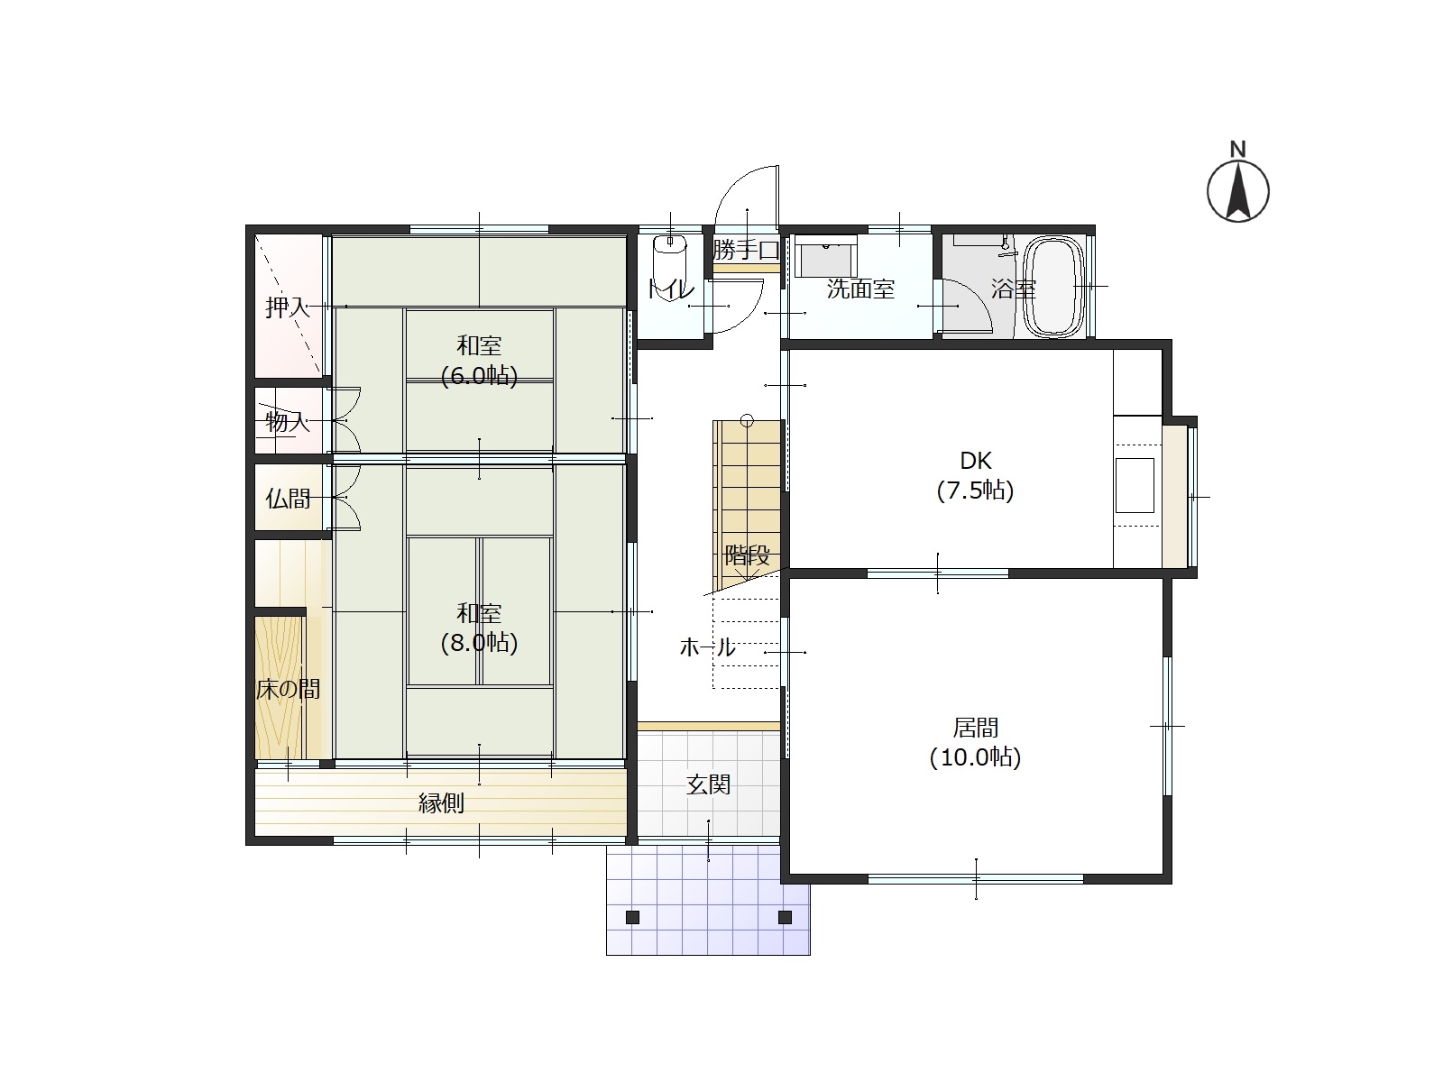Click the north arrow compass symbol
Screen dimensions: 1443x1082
(x=1238, y=190)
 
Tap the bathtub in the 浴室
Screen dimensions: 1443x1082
(x=1054, y=287)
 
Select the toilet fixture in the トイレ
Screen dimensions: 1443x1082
(x=670, y=261)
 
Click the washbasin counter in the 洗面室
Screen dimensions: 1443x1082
(x=826, y=256)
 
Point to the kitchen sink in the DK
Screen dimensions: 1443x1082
(x=1135, y=485)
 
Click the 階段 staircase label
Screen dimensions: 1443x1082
(x=747, y=555)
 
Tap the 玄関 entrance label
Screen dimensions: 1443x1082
(x=708, y=784)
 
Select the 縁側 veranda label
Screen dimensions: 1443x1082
(x=441, y=802)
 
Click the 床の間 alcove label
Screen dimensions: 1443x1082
(x=288, y=689)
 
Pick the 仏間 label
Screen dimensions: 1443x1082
(x=288, y=499)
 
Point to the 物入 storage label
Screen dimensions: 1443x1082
(x=288, y=422)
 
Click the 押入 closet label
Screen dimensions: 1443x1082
(x=288, y=307)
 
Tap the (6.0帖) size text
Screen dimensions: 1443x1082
(x=479, y=376)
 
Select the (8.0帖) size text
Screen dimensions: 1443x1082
(x=479, y=643)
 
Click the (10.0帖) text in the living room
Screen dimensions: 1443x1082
(x=976, y=757)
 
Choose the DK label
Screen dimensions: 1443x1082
(x=976, y=461)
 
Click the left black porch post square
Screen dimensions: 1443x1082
(x=632, y=918)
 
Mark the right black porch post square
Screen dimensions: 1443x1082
(x=785, y=917)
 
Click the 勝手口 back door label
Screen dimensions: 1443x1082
(x=746, y=250)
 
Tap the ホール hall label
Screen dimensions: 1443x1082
(x=707, y=647)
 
